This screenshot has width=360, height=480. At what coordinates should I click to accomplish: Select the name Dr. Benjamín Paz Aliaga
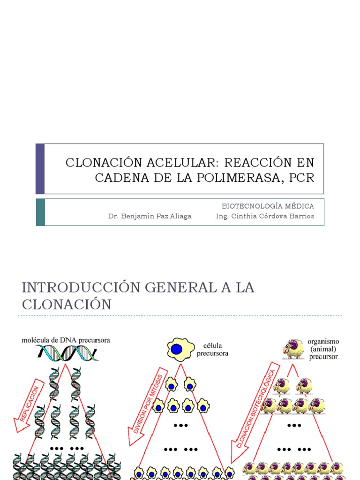coord(150,216)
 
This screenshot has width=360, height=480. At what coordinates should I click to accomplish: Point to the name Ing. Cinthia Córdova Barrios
coord(265,216)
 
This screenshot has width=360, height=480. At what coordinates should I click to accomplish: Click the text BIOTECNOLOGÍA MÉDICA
coord(268,206)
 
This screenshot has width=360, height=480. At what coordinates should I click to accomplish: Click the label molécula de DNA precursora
coord(66,340)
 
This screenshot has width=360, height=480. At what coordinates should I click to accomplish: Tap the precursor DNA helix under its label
coord(67,353)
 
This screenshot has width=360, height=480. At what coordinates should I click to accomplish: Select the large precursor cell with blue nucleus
coord(180,349)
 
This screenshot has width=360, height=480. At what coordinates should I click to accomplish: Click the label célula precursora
coord(213,349)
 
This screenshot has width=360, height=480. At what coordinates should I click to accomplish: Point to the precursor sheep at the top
coord(293,349)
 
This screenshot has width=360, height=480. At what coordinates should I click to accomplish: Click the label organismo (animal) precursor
coord(323,349)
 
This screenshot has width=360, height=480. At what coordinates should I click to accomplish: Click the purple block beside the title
coord(40,169)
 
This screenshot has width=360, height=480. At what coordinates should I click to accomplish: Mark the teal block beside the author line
coord(40,212)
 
